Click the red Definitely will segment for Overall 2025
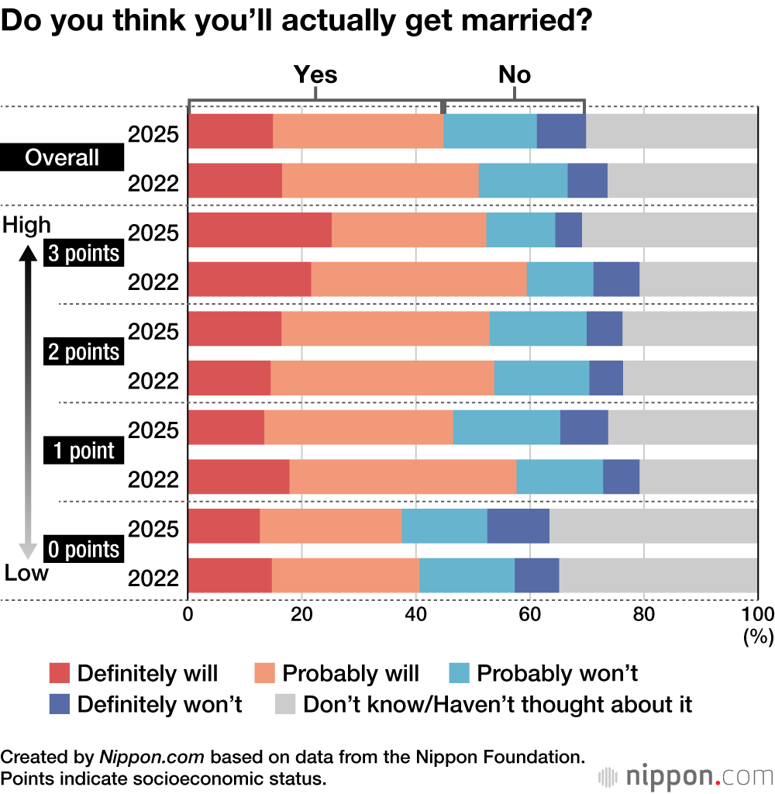[230, 131]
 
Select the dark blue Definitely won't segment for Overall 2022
[587, 180]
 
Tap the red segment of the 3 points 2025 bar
[260, 230]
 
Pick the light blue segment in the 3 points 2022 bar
[560, 278]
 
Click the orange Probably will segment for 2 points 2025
[385, 328]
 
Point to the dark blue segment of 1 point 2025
[584, 426]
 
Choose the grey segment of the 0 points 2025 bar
[653, 525]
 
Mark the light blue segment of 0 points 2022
[467, 575]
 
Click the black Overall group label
[62, 158]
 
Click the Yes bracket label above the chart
[315, 74]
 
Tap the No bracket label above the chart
[515, 74]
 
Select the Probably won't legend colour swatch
[460, 672]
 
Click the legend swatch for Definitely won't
[60, 704]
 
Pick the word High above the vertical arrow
[27, 225]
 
